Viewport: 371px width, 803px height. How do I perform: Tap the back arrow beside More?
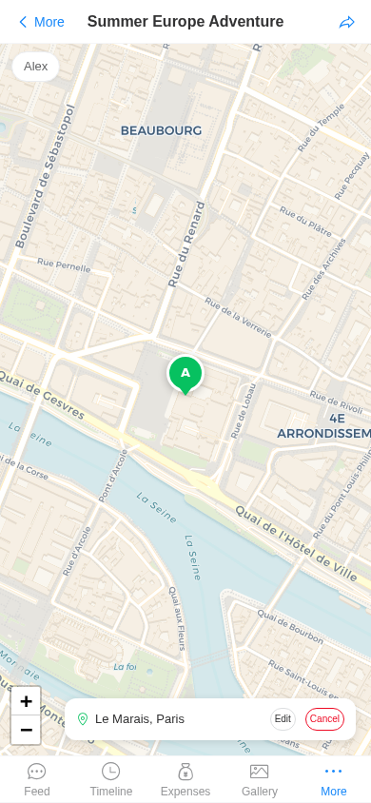tap(23, 22)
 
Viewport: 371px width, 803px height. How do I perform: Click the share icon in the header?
tap(347, 22)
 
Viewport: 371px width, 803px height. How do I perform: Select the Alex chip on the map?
tap(36, 67)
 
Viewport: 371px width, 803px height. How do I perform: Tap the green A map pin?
tap(185, 373)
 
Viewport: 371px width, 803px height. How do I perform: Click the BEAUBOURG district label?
tap(161, 130)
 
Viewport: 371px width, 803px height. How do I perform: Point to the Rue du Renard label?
tap(186, 245)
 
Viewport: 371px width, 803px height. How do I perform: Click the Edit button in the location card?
tap(283, 719)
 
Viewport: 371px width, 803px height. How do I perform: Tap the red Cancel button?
tap(324, 719)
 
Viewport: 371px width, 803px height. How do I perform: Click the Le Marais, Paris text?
tap(140, 719)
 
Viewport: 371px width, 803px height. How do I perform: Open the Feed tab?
tap(37, 779)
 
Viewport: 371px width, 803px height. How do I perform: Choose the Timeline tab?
tap(111, 779)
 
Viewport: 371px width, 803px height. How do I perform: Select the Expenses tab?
tap(185, 779)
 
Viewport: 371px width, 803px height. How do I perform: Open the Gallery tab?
tap(260, 779)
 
